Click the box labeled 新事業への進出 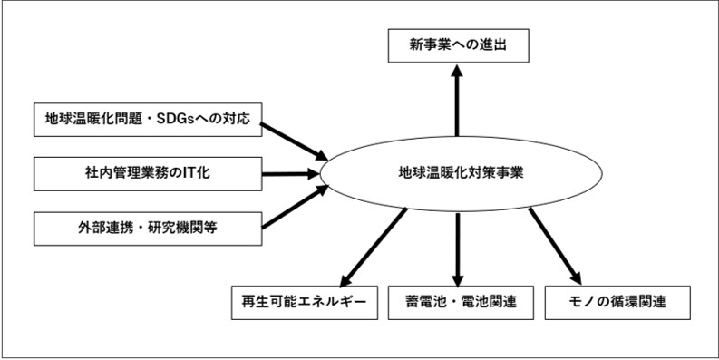457,44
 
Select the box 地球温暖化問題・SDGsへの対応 147,119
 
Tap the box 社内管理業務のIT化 147,172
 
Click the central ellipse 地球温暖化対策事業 461,170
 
